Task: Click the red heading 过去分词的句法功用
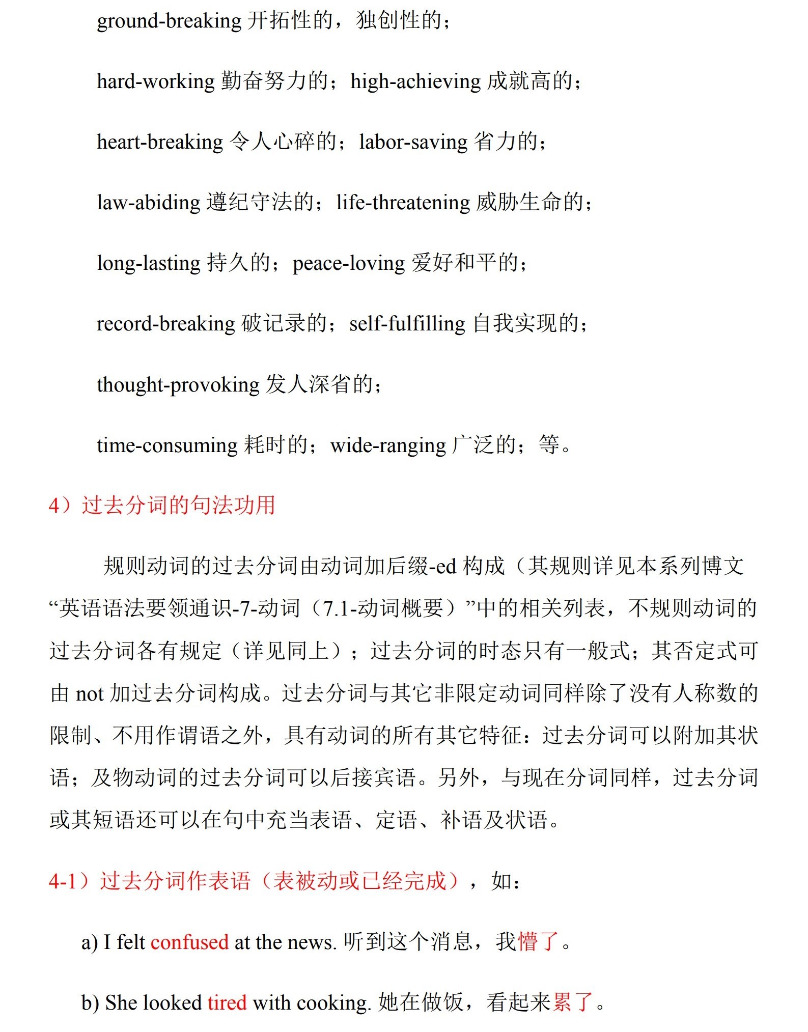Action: [x=178, y=506]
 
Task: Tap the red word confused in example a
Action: [x=189, y=942]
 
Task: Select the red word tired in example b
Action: [x=227, y=1003]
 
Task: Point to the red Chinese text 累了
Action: [x=573, y=1002]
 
